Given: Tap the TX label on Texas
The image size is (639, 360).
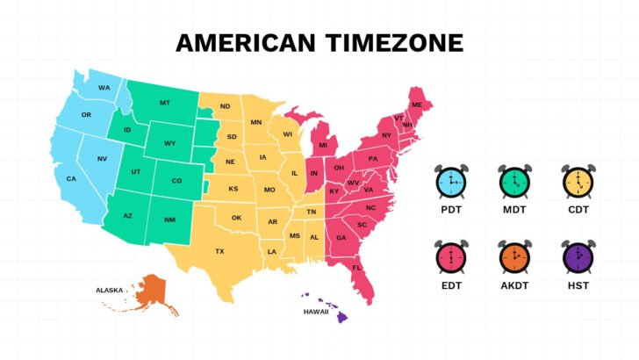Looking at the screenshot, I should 219,251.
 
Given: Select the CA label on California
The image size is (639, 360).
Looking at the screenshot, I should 71,179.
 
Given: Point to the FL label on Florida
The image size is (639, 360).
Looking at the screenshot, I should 357,267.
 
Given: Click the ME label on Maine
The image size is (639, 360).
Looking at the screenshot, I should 417,104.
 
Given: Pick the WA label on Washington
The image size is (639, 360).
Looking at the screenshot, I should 104,88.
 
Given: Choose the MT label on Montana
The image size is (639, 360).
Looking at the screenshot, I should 164,103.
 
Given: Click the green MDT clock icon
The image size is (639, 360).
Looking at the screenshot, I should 513,182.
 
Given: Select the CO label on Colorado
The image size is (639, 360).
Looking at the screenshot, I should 176,180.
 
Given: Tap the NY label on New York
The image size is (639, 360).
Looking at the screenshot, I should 386,135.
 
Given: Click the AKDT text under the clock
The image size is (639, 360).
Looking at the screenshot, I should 513,287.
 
